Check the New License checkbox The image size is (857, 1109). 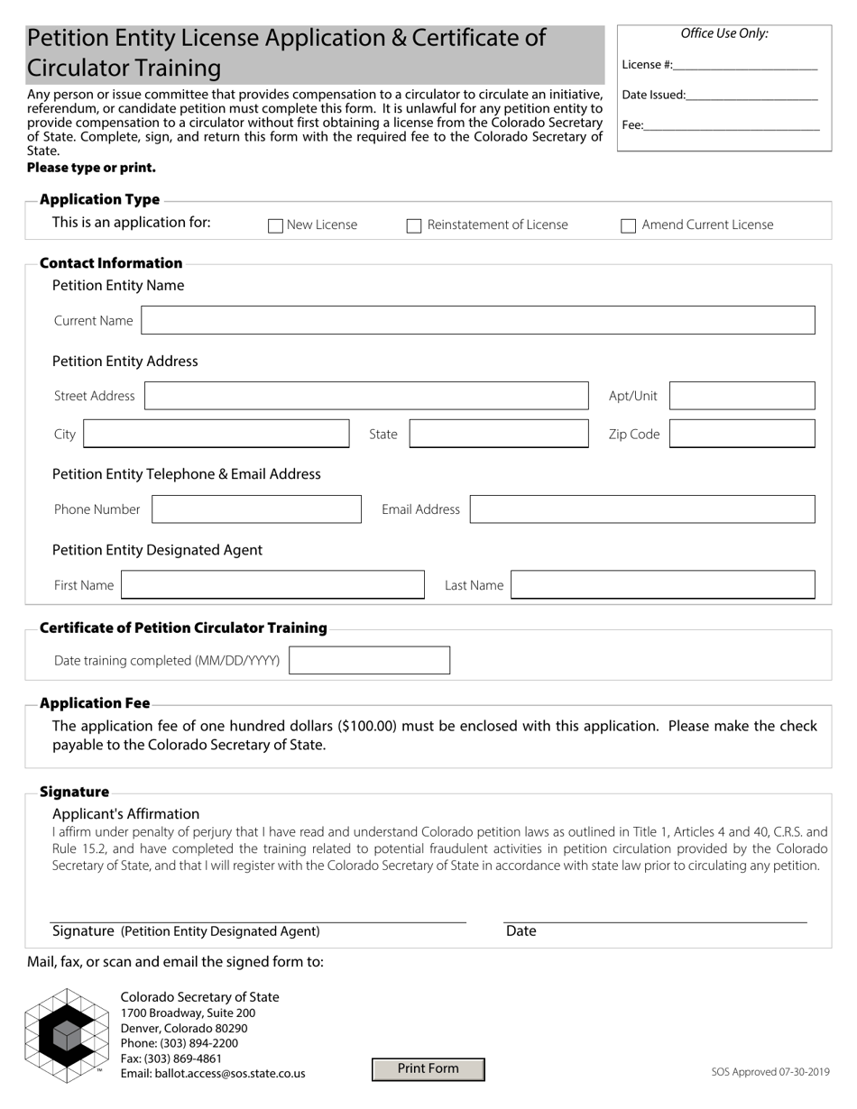(x=276, y=226)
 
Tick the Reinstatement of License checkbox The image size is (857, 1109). (x=414, y=226)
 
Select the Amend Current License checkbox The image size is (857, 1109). (x=629, y=226)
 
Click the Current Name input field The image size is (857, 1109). (x=478, y=321)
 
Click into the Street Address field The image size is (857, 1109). (x=366, y=397)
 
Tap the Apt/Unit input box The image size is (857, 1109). (x=742, y=397)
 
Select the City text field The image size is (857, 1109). (x=216, y=435)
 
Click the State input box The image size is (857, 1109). (x=499, y=435)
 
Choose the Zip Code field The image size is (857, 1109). (x=742, y=435)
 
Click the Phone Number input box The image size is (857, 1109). (x=256, y=509)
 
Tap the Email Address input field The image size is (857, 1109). (x=642, y=509)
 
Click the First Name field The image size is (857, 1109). (x=272, y=585)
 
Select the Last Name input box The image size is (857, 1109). (x=663, y=585)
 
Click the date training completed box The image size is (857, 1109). (x=369, y=661)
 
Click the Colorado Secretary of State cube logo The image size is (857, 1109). (x=65, y=1035)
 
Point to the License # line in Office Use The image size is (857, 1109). (x=744, y=65)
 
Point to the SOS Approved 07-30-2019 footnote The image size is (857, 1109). (x=769, y=1072)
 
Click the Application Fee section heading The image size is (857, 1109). (x=95, y=703)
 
